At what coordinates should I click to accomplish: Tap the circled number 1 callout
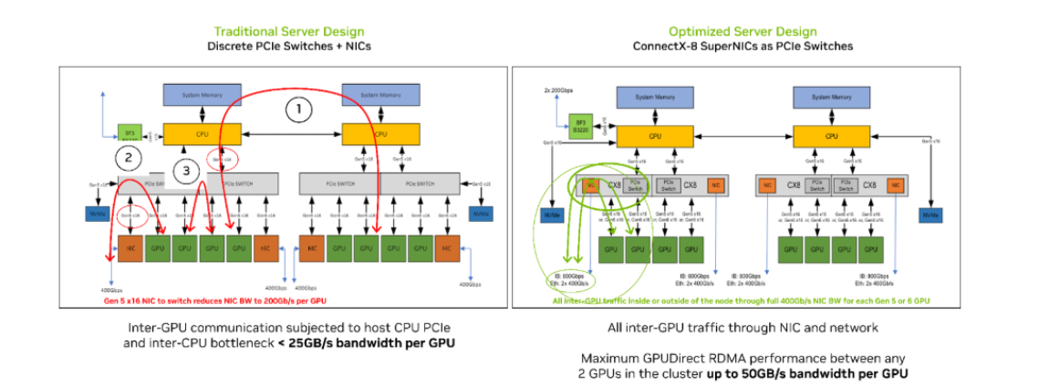(297, 110)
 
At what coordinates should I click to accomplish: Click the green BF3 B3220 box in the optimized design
(579, 123)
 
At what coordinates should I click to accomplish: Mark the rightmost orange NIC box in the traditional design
(448, 246)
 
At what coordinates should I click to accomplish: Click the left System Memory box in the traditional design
(200, 94)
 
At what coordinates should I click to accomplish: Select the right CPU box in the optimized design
(831, 135)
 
